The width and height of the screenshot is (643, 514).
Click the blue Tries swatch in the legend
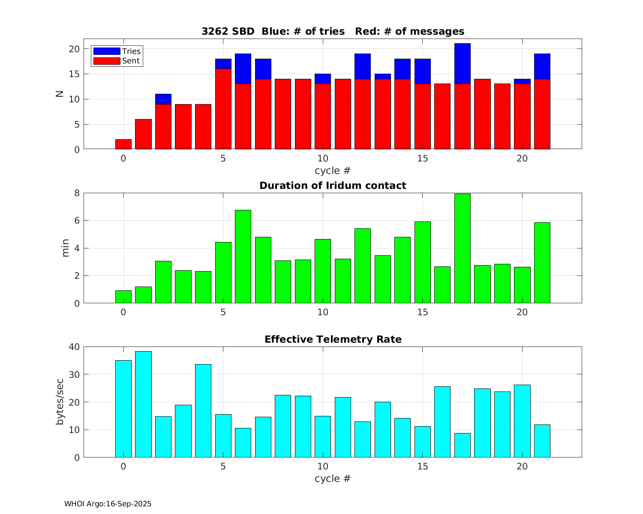[107, 51]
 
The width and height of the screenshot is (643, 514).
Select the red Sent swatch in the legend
[107, 61]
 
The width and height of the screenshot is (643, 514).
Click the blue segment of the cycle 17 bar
[463, 63]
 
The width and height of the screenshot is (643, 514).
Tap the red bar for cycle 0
[123, 144]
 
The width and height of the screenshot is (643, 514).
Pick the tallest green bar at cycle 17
[463, 248]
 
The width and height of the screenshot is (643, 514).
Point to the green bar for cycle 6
[243, 257]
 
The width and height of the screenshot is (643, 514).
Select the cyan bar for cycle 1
[143, 404]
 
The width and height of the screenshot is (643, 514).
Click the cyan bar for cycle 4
[203, 411]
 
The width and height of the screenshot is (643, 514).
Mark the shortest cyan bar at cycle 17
[463, 445]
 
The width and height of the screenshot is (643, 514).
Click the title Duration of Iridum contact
[333, 185]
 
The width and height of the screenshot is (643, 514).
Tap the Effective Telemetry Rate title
[333, 339]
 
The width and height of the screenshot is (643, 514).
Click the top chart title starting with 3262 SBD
[333, 31]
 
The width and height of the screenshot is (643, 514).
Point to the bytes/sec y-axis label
[60, 402]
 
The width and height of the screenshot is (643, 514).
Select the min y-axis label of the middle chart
[65, 248]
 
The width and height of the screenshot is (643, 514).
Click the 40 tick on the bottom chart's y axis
[74, 347]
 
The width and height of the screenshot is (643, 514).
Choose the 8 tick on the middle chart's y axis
[77, 193]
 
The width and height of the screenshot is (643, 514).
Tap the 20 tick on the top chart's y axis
[74, 49]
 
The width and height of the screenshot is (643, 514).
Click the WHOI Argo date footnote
[108, 504]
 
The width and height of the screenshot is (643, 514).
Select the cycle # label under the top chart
[333, 170]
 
